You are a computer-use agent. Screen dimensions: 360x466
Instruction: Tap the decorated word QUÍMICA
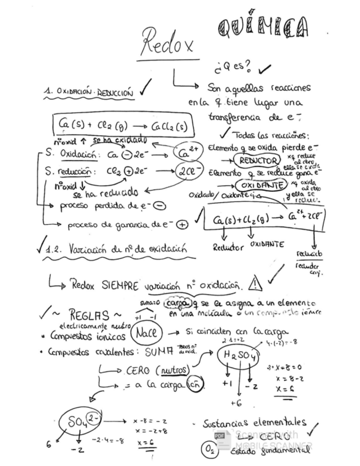pyautogui.click(x=262, y=26)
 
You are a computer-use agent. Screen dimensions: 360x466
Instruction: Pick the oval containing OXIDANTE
pyautogui.click(x=257, y=185)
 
